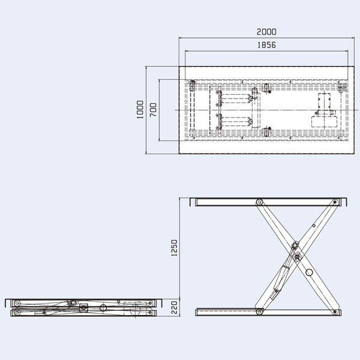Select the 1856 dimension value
click(x=266, y=46)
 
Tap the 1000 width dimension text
click(x=140, y=110)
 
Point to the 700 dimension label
click(x=153, y=110)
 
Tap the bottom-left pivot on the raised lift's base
click(x=260, y=311)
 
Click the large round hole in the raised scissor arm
click(x=310, y=273)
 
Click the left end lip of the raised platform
click(x=193, y=202)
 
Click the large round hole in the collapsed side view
click(x=103, y=308)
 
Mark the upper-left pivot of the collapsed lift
click(x=17, y=302)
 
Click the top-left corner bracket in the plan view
click(x=192, y=85)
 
